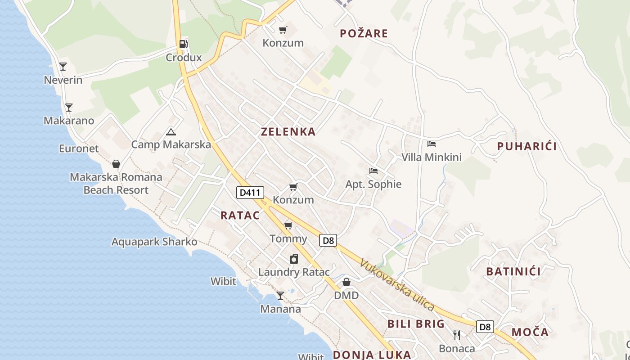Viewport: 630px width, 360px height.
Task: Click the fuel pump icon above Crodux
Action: pos(183,44)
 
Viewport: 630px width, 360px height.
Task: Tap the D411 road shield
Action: pos(250,193)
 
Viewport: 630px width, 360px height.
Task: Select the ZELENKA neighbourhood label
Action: pos(288,132)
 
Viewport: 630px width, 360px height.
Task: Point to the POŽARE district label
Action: pos(364,33)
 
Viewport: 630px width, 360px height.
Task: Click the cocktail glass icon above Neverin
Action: pos(63,67)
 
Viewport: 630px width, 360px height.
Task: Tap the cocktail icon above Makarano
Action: pos(68,108)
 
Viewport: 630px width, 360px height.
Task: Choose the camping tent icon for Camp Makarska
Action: pos(171,132)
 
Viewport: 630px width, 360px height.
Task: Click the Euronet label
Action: pos(79,148)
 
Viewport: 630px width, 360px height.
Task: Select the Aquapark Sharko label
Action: pos(154,242)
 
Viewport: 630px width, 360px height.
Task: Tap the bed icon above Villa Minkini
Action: pos(432,144)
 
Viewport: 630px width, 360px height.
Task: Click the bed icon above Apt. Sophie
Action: pos(373,171)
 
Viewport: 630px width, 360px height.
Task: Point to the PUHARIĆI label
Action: pos(527,146)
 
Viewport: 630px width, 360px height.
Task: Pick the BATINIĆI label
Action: pos(513,271)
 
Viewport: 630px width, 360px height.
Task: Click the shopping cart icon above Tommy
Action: pos(288,225)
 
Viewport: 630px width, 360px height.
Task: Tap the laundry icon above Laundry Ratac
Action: pos(293,259)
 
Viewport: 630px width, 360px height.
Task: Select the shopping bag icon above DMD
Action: pos(346,282)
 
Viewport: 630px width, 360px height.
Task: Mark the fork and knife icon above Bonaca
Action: pos(457,335)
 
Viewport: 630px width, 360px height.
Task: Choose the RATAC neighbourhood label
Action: pos(240,216)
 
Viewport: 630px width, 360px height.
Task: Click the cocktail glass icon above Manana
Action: pos(280,296)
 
